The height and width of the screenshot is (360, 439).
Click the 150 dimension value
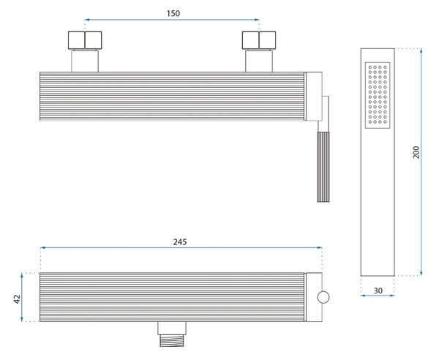click(x=173, y=13)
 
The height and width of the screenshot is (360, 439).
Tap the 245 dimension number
click(x=180, y=242)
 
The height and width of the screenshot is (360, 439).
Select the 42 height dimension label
click(x=17, y=299)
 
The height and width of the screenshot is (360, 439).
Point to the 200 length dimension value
click(x=416, y=152)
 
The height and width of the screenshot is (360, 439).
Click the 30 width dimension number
click(x=378, y=290)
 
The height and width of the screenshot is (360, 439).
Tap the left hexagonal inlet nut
click(x=85, y=40)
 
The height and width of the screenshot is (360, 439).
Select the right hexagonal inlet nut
click(x=259, y=40)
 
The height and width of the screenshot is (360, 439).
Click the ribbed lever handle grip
click(x=323, y=167)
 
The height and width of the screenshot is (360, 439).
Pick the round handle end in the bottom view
click(x=323, y=297)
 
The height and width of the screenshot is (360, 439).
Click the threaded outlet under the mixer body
click(x=172, y=340)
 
